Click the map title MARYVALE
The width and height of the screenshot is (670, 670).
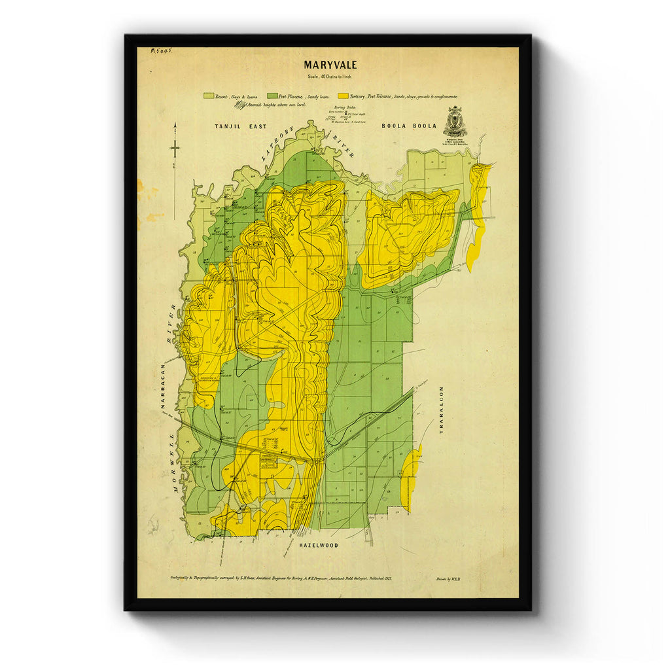(330, 65)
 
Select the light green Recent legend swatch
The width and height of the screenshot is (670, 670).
(209, 96)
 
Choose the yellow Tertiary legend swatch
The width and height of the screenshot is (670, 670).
(344, 96)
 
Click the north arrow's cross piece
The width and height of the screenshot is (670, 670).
(175, 148)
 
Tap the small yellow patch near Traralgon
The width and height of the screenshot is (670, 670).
(410, 478)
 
